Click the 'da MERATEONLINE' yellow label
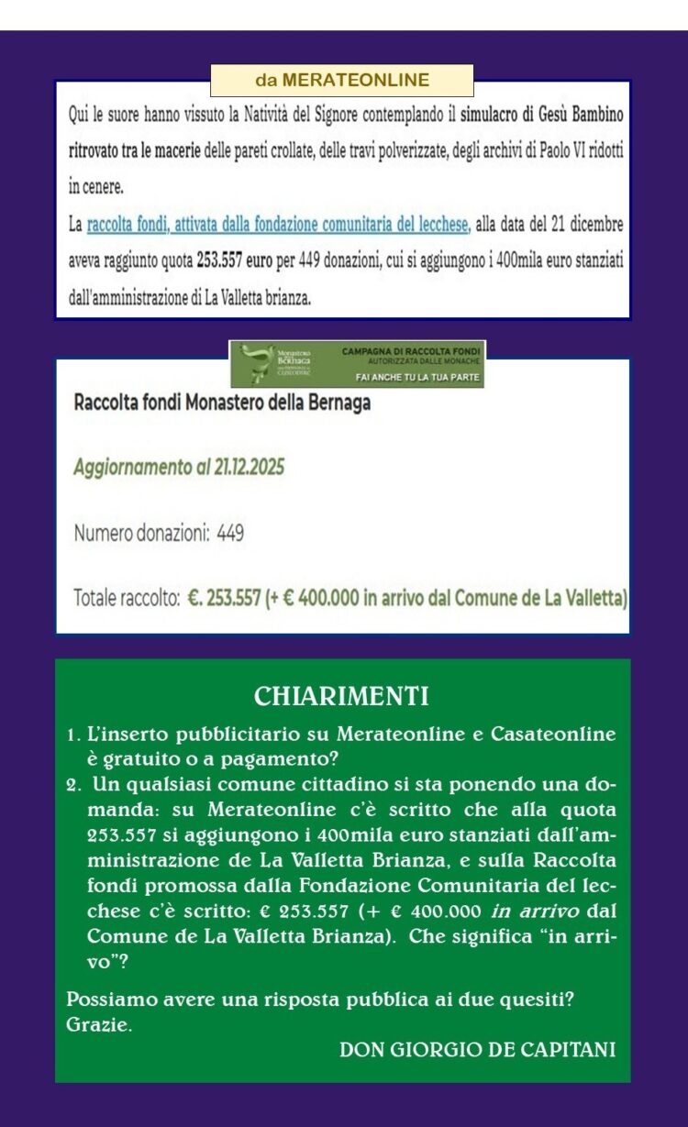point(342,81)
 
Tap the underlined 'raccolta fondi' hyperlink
point(278,223)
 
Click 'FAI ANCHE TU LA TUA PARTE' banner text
point(412,378)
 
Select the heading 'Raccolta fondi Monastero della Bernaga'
point(222,403)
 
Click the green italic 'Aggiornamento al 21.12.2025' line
point(179,467)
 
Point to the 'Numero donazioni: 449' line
point(159,533)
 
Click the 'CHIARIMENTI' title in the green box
point(341,697)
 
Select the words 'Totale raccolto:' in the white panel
point(126,599)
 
